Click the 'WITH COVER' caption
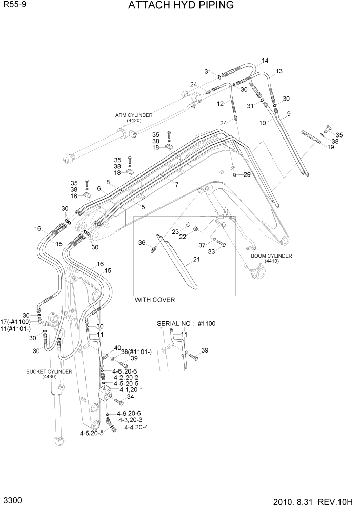154,300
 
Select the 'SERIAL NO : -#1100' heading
186,324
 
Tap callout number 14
265,61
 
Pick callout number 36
142,243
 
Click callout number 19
330,147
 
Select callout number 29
247,175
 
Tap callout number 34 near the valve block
130,396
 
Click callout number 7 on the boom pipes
177,184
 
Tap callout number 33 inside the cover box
211,251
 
